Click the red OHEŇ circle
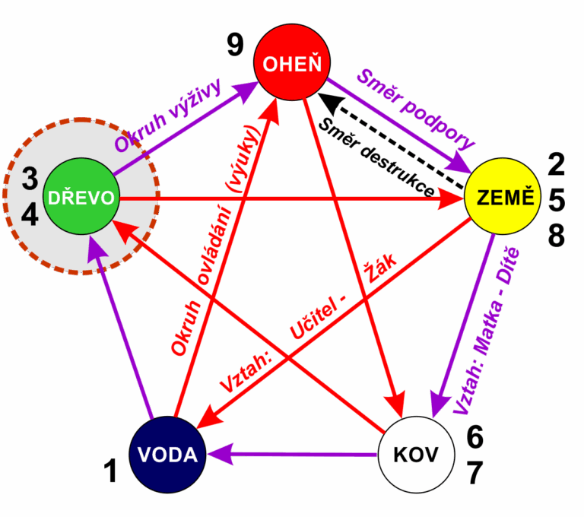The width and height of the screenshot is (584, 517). [x=292, y=64]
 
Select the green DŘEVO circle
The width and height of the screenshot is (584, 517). [x=81, y=198]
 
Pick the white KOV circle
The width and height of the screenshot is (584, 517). [x=416, y=455]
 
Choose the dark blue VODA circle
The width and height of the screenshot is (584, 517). [x=167, y=455]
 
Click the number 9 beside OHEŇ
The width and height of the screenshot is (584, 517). [x=236, y=46]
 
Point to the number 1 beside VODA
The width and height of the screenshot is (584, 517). [x=111, y=472]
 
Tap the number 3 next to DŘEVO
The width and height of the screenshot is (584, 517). [x=30, y=179]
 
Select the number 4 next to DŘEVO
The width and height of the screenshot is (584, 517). [x=30, y=216]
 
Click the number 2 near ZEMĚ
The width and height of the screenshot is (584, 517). [x=557, y=164]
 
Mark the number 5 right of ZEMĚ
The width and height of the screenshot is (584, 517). [x=557, y=201]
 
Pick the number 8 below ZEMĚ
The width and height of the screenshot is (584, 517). [x=557, y=236]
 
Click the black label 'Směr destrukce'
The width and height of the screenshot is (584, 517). [x=376, y=157]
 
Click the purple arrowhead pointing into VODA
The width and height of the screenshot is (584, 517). [x=217, y=455]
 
